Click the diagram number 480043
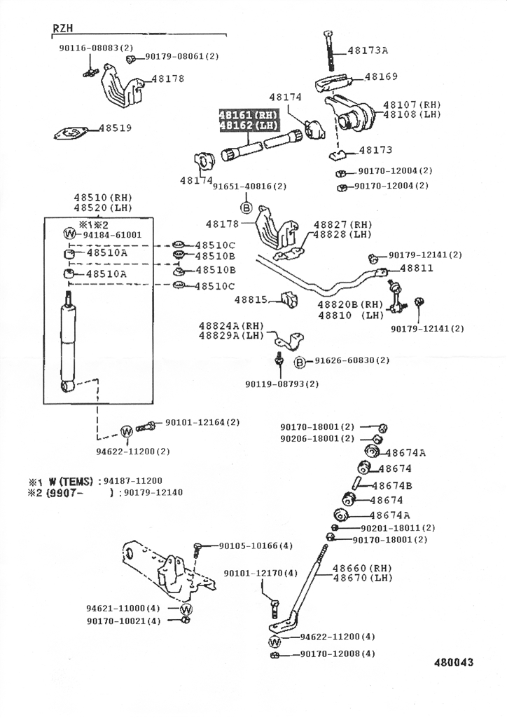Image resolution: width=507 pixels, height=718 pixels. tap(453, 663)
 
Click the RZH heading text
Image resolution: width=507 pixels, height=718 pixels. tap(63, 28)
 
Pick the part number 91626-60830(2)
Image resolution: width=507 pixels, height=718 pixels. tap(352, 360)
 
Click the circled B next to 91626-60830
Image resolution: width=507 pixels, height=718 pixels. tap(300, 361)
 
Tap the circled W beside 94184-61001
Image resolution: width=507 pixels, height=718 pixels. tap(70, 234)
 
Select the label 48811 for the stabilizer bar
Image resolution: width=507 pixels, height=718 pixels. tap(417, 268)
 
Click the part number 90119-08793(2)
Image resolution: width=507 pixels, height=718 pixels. tap(282, 384)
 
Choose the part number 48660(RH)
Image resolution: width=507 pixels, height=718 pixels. tap(363, 568)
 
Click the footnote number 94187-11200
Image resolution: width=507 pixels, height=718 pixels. tap(132, 480)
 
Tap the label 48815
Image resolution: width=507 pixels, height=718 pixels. tap(251, 299)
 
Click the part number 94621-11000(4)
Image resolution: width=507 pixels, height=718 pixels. tap(123, 608)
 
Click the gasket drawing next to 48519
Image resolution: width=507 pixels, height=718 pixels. tap(71, 133)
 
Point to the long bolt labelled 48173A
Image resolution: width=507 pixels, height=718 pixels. tap(328, 49)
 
